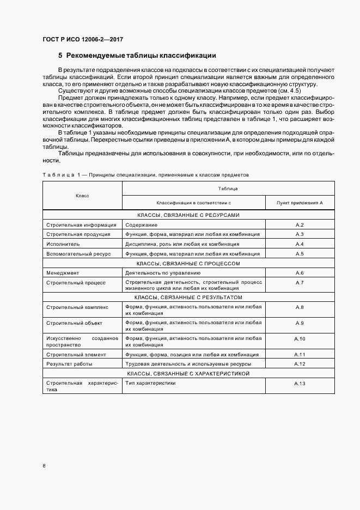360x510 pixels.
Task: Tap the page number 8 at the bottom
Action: [44, 465]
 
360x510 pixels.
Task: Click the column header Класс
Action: [82, 195]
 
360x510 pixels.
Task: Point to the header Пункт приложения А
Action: [299, 202]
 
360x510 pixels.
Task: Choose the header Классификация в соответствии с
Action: [193, 202]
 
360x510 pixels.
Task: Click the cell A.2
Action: [299, 224]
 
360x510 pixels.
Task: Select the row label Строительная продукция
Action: [78, 234]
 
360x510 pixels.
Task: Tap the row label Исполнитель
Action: [63, 244]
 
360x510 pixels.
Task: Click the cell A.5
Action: [299, 254]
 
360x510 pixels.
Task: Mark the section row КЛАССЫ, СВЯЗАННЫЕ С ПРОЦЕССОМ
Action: [188, 263]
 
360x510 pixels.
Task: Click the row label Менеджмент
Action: [63, 273]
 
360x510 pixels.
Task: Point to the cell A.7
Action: [299, 283]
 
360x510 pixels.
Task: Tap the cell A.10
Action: [299, 338]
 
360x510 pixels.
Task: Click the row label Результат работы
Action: [69, 364]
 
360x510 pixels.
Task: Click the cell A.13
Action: [299, 384]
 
